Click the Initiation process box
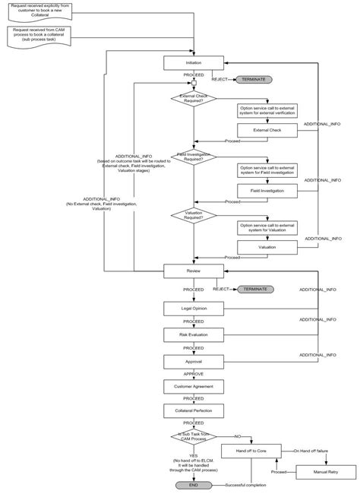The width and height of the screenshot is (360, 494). pyautogui.click(x=194, y=63)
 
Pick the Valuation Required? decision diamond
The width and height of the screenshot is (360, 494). pyautogui.click(x=194, y=215)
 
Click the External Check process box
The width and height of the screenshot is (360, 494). pyautogui.click(x=267, y=130)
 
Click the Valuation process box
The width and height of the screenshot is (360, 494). pyautogui.click(x=267, y=247)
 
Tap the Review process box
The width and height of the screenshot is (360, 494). pyautogui.click(x=194, y=271)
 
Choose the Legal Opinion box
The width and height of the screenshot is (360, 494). pyautogui.click(x=194, y=308)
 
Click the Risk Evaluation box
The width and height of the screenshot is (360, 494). pyautogui.click(x=194, y=334)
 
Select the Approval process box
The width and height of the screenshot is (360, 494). pyautogui.click(x=194, y=361)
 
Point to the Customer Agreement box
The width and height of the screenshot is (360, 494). pyautogui.click(x=194, y=387)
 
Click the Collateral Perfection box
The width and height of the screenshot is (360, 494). pyautogui.click(x=194, y=410)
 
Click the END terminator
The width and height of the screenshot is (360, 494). pyautogui.click(x=194, y=485)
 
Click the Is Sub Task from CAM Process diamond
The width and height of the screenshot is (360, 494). pyautogui.click(x=194, y=437)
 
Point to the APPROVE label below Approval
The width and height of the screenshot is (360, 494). pyautogui.click(x=193, y=374)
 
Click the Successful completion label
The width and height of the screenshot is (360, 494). pyautogui.click(x=251, y=484)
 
